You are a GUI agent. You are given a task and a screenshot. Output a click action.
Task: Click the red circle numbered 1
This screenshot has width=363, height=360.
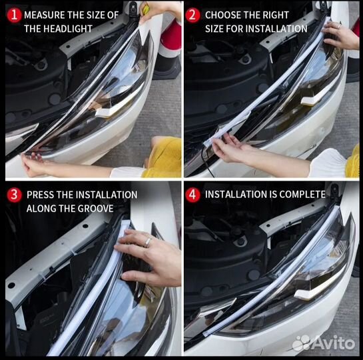(14, 15)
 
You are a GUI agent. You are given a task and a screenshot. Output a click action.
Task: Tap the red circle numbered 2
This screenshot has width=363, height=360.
(192, 15)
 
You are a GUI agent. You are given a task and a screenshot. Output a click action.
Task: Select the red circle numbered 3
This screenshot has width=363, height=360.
(14, 195)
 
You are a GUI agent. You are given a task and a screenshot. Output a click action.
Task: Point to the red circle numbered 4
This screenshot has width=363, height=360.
(192, 195)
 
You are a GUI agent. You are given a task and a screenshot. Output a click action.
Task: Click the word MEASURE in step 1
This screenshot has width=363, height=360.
(45, 15)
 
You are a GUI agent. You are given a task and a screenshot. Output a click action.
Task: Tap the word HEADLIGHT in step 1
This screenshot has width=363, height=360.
(68, 29)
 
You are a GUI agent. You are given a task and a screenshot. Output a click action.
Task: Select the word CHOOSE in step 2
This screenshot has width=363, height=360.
(220, 15)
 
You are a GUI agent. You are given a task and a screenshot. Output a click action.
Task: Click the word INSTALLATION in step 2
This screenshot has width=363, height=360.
(276, 29)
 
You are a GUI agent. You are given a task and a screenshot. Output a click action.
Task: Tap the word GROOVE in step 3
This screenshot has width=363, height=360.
(96, 209)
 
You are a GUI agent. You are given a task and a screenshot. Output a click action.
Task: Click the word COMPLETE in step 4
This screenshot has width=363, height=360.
(302, 195)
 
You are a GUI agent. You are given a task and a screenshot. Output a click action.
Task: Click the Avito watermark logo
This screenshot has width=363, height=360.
(324, 343)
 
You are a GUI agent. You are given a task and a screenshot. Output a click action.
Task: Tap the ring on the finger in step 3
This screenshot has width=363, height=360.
(147, 242)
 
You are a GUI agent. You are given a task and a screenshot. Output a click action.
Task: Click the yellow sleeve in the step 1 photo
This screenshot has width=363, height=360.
(163, 157)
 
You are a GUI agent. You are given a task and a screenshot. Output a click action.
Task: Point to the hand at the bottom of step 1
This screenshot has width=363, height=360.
(33, 163)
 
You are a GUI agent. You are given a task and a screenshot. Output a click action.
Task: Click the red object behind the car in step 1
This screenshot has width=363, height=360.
(171, 38)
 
